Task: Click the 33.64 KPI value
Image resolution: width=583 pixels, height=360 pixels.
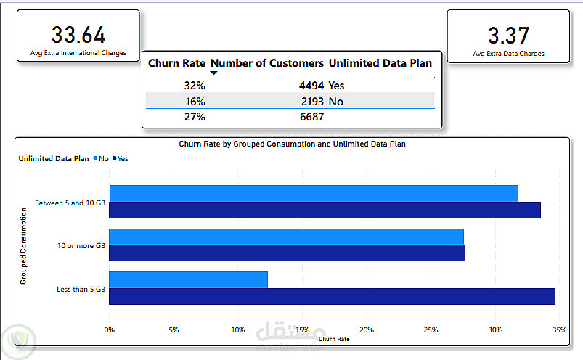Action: pos(78,35)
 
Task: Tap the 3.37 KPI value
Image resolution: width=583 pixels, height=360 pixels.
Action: pos(508,35)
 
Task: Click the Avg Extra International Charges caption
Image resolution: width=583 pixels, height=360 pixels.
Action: pos(78,53)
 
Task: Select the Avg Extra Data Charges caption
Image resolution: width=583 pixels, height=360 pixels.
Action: pos(508,53)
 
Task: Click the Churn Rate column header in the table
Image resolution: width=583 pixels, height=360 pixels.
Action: pos(176,63)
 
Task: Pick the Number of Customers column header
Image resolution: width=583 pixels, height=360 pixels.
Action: pos(267,63)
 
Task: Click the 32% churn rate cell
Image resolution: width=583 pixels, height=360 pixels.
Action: pos(194,85)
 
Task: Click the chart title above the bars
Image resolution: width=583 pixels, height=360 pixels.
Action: pos(292,144)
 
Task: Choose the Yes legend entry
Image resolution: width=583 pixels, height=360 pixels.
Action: pos(122,158)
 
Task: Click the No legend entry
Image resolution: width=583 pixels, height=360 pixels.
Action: pos(103,158)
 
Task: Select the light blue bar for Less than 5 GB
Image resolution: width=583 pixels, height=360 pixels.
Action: pos(188,279)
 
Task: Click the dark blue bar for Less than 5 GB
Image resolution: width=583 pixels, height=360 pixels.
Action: pos(332,296)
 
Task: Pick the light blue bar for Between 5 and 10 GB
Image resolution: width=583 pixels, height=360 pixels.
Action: pos(313,193)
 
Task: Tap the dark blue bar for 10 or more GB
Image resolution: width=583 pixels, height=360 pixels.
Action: pos(287,253)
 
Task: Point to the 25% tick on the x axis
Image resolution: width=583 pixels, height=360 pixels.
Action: pos(431,330)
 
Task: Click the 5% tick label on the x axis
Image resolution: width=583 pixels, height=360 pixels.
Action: pos(174,330)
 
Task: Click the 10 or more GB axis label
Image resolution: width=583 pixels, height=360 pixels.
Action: pos(81,246)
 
